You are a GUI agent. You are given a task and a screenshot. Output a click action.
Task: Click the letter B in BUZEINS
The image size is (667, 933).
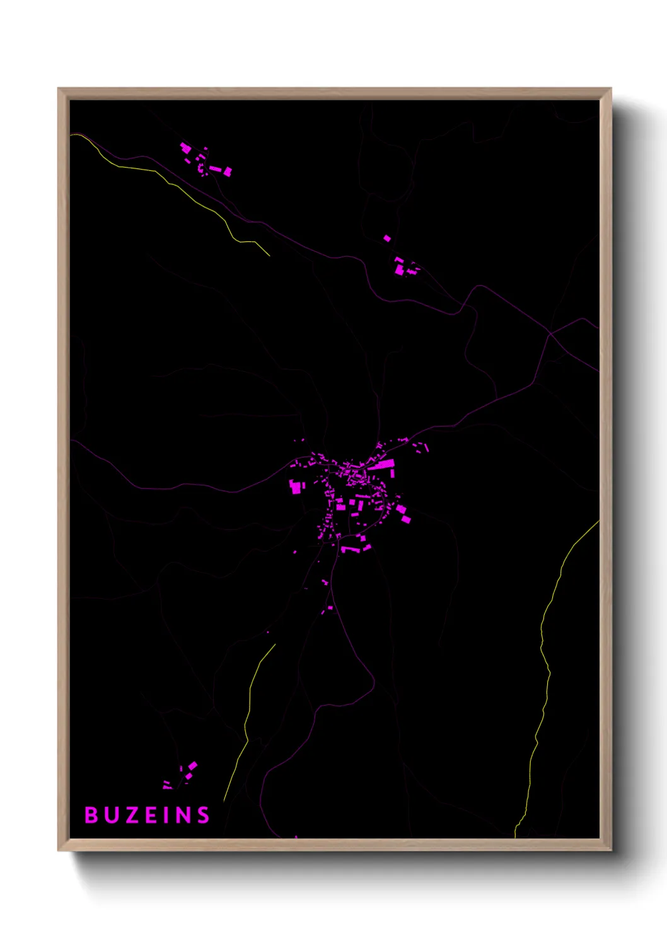(91, 815)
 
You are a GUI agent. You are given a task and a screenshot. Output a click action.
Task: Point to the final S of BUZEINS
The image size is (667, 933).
(202, 815)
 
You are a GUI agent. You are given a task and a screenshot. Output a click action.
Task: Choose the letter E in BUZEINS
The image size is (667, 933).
(151, 815)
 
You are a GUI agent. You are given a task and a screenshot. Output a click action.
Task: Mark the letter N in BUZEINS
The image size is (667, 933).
(183, 815)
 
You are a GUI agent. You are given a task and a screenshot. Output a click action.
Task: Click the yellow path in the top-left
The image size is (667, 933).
(189, 195)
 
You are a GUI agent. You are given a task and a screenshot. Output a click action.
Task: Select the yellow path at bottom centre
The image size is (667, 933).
(249, 706)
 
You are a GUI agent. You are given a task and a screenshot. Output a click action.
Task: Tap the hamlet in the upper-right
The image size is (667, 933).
(404, 267)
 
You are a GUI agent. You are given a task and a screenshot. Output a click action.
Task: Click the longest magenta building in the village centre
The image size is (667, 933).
(381, 465)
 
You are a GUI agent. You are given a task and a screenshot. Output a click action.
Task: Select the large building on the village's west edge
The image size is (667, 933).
(296, 486)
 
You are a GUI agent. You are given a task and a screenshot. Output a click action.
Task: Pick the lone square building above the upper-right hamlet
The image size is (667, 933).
(387, 238)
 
